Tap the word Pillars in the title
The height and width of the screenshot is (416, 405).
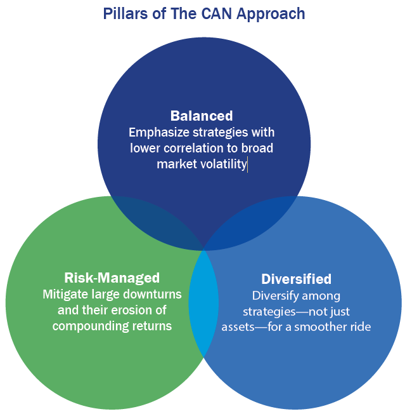point(125,13)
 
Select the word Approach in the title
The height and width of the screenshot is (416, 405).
point(271,15)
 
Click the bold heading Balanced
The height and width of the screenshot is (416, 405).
point(202,116)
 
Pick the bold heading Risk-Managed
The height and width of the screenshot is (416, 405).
point(112,278)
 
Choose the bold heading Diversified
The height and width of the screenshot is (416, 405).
point(296,279)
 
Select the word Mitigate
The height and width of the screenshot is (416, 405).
point(65,295)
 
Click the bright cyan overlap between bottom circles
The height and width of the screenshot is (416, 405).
point(203,303)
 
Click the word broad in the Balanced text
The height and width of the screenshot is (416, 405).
point(257,148)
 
